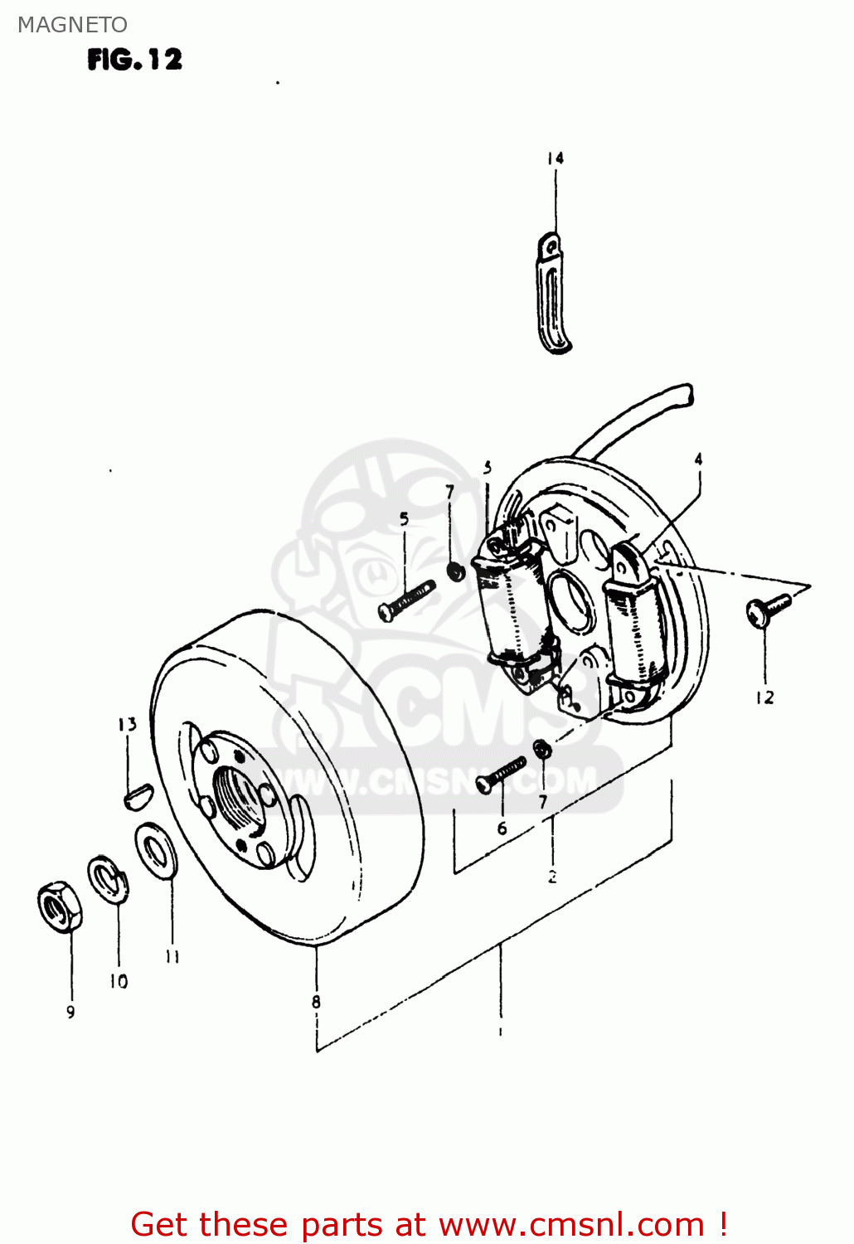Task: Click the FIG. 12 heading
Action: click(x=134, y=60)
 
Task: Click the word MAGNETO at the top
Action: click(x=72, y=25)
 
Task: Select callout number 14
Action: click(x=555, y=158)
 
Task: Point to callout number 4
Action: click(x=698, y=459)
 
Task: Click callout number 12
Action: click(x=764, y=697)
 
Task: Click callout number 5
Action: click(x=404, y=519)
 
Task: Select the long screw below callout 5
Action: click(x=406, y=599)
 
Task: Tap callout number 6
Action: click(x=502, y=828)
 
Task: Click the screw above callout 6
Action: click(x=501, y=773)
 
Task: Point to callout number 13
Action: click(x=127, y=724)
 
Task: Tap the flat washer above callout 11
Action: click(x=155, y=848)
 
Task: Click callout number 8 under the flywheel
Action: click(x=316, y=1002)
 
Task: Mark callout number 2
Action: click(x=552, y=876)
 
